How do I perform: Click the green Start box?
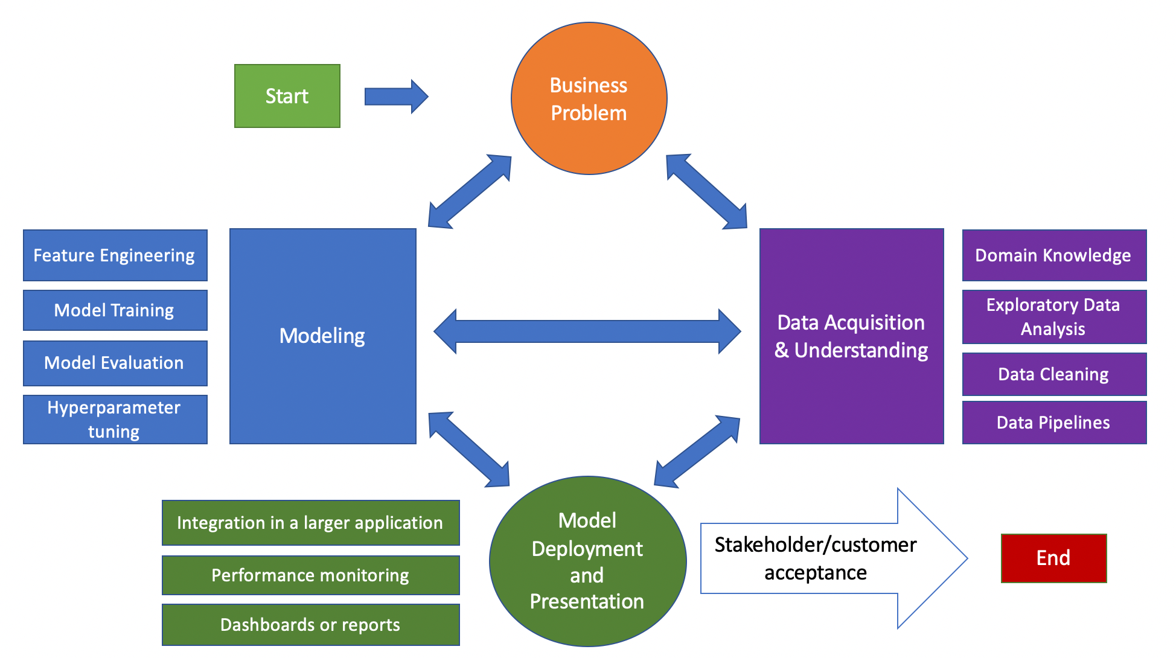(287, 96)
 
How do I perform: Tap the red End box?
(1053, 558)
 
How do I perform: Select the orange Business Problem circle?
(589, 99)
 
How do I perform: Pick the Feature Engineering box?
(115, 255)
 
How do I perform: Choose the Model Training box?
(115, 310)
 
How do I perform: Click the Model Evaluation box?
(115, 363)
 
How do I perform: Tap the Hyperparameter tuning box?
(115, 420)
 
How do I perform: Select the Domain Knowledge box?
(1053, 255)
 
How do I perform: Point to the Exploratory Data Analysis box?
(1053, 317)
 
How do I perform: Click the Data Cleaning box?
(1053, 374)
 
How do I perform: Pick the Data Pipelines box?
(1053, 423)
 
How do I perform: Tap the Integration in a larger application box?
(310, 523)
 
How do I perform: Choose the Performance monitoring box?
(310, 575)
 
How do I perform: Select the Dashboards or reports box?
(310, 625)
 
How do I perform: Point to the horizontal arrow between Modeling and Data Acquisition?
(587, 331)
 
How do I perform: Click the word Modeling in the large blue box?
(322, 336)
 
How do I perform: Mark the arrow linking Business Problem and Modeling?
(470, 192)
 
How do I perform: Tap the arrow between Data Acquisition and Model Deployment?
(697, 452)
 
